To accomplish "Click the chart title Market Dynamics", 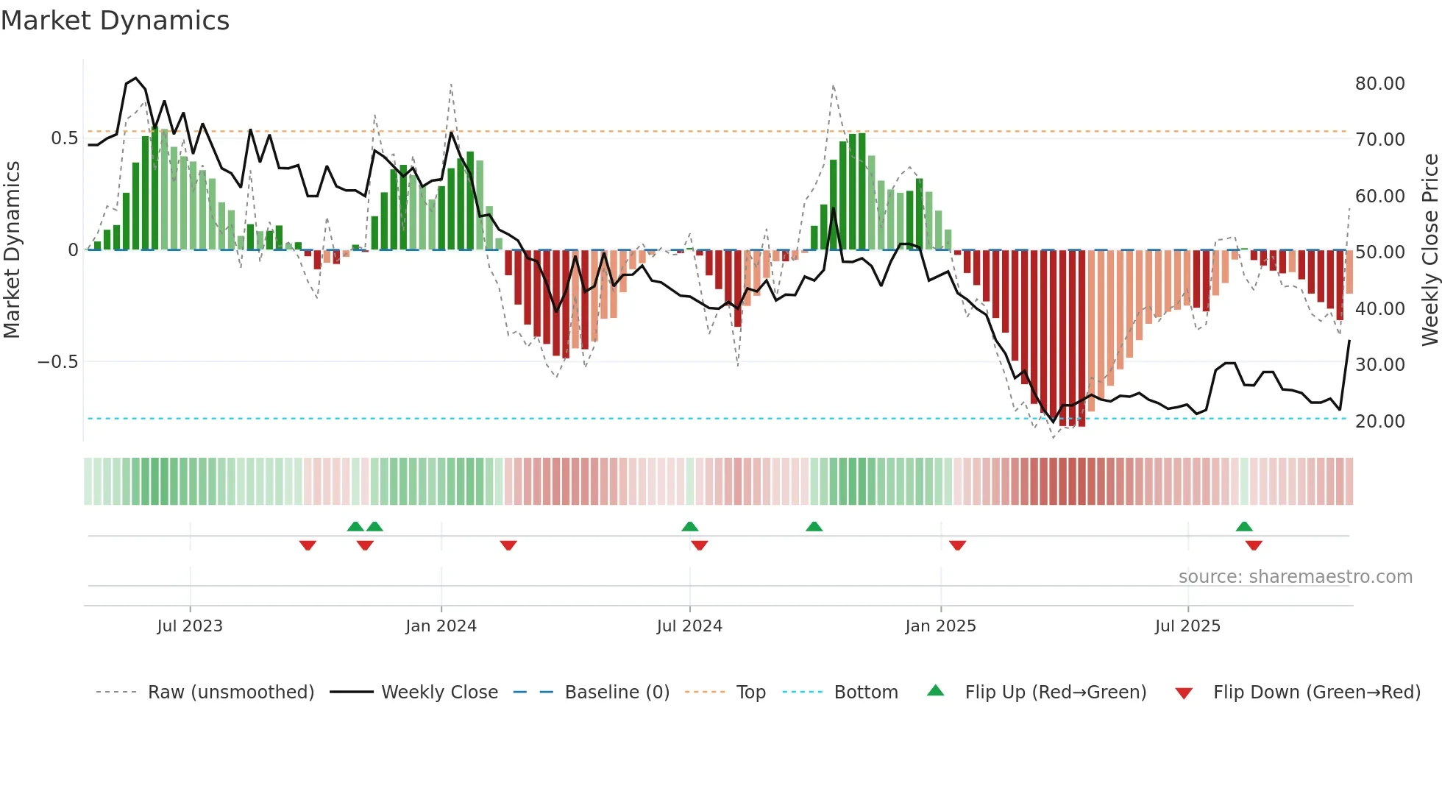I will tap(115, 21).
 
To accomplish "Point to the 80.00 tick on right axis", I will tap(1379, 84).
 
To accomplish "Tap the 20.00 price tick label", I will tap(1379, 422).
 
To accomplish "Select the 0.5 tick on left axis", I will tap(64, 138).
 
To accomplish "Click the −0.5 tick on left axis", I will tap(57, 362).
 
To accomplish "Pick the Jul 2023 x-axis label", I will tap(189, 626).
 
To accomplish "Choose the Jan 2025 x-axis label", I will tap(940, 626).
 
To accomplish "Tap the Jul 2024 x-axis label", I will tap(689, 626).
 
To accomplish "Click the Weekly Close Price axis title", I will tap(1429, 250).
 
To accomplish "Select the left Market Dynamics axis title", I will tap(12, 250).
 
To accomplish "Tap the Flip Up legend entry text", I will tap(1055, 693).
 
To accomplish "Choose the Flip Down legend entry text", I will tap(1316, 693).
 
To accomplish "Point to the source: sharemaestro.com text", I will tap(1295, 577).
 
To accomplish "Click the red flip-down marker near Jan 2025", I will tap(957, 545).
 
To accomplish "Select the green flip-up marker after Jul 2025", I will tap(1244, 526).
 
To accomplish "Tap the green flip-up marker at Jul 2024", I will tap(689, 526).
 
